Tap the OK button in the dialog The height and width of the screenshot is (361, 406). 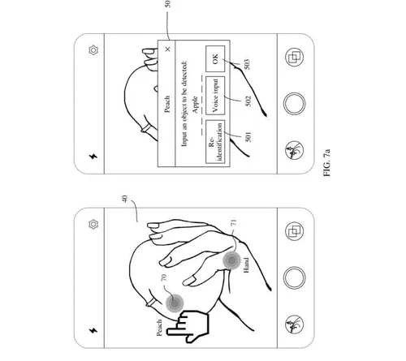pyautogui.click(x=215, y=58)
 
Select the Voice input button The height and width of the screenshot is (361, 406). pyautogui.click(x=215, y=96)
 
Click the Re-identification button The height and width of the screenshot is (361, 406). pyautogui.click(x=215, y=142)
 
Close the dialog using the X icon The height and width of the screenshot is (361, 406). pyautogui.click(x=168, y=49)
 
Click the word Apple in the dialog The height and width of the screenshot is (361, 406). pyautogui.click(x=195, y=105)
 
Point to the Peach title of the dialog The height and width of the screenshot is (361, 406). pyautogui.click(x=167, y=104)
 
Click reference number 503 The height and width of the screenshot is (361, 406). pyautogui.click(x=247, y=64)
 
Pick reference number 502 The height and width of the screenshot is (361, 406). pyautogui.click(x=248, y=101)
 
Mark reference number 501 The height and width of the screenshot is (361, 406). pyautogui.click(x=248, y=137)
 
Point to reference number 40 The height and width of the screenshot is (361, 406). pyautogui.click(x=125, y=199)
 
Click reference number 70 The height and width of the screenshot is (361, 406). pyautogui.click(x=164, y=277)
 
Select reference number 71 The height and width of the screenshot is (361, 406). pyautogui.click(x=233, y=222)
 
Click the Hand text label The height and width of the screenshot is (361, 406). pyautogui.click(x=246, y=265)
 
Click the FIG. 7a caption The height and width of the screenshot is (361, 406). pyautogui.click(x=327, y=162)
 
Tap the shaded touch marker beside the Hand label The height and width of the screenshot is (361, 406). pyautogui.click(x=231, y=260)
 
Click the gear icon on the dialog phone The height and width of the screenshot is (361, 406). pyautogui.click(x=93, y=50)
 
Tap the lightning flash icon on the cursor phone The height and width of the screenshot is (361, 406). pyautogui.click(x=93, y=330)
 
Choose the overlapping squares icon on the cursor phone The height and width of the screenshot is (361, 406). pyautogui.click(x=295, y=231)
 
